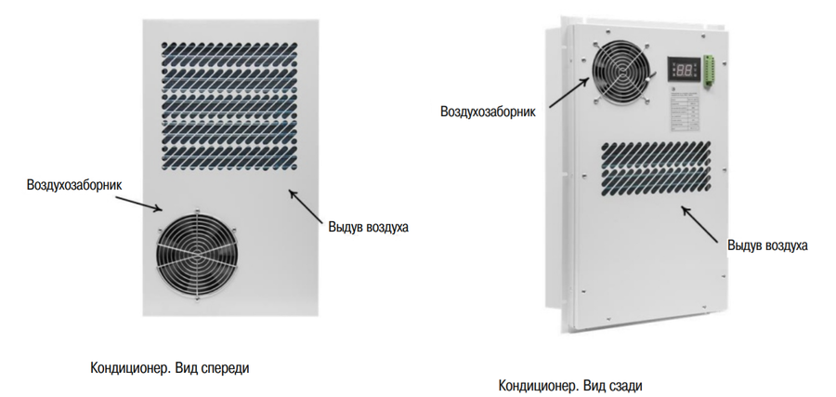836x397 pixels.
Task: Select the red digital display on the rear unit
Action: [x=682, y=70]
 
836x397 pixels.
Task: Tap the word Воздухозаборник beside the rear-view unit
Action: [x=489, y=112]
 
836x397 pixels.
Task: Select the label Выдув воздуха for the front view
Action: [x=368, y=226]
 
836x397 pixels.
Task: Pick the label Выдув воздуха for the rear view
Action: [x=767, y=245]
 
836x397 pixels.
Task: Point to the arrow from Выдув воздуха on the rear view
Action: [x=703, y=221]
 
